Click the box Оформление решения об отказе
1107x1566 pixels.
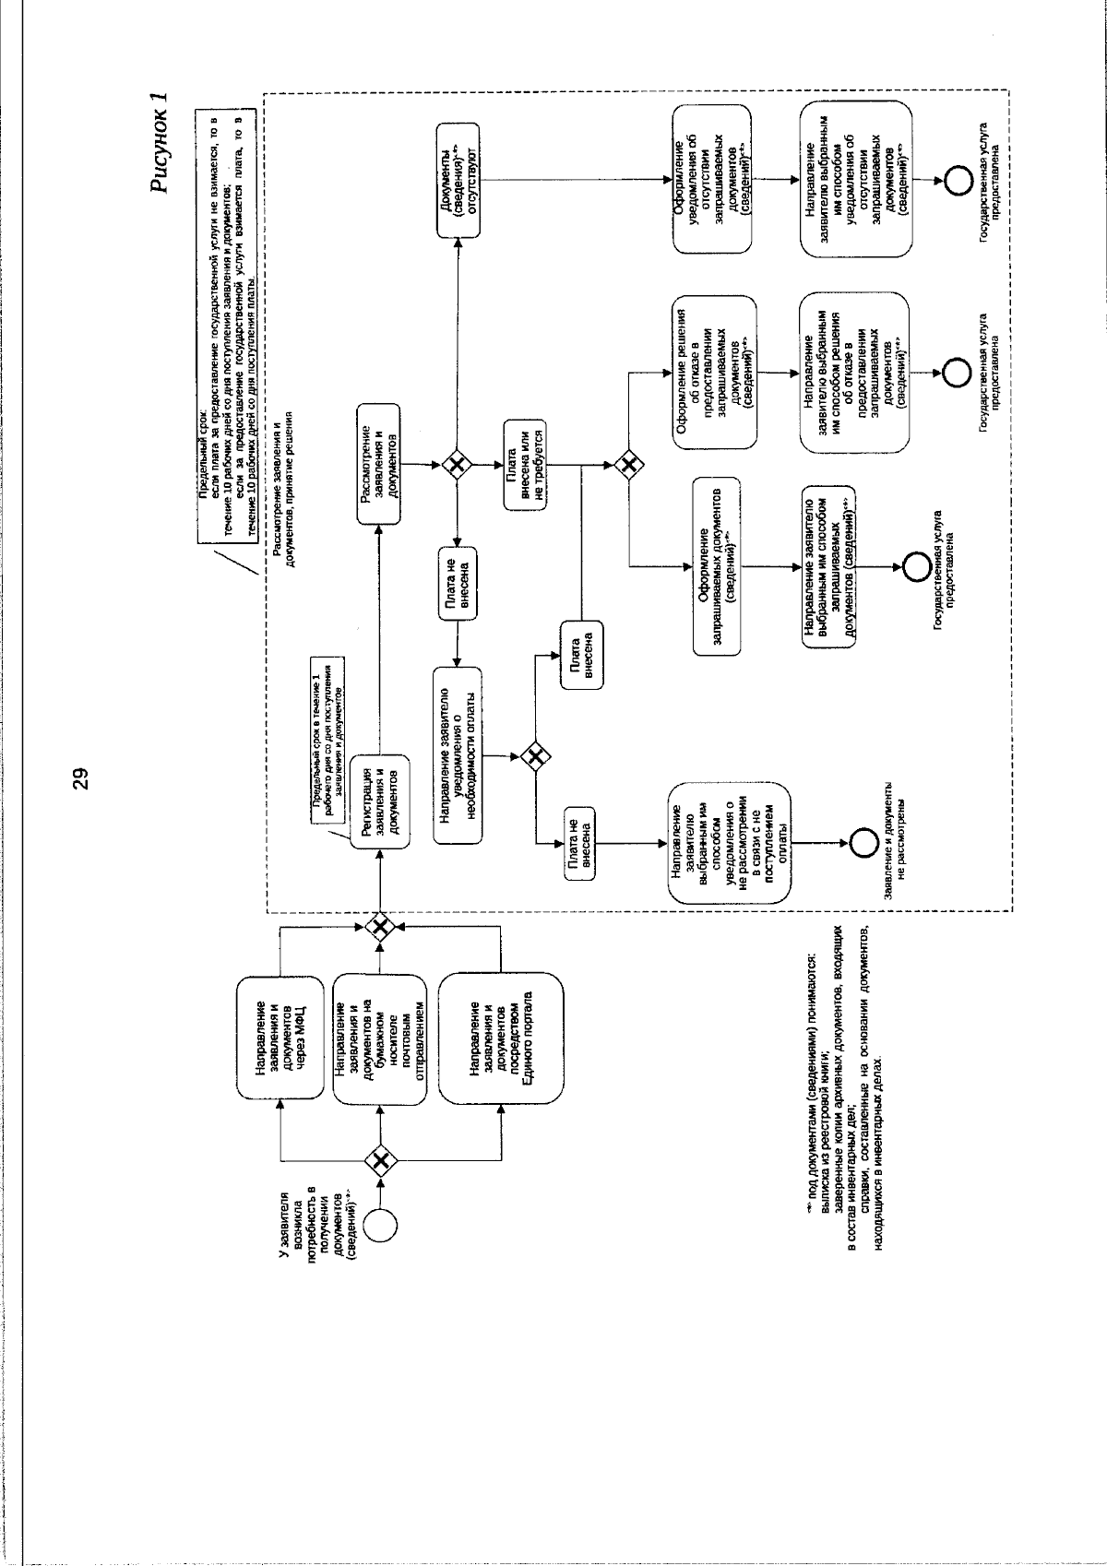click(x=716, y=372)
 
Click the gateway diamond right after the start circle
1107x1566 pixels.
click(x=380, y=1157)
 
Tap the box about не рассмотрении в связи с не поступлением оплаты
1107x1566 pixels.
click(x=730, y=843)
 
